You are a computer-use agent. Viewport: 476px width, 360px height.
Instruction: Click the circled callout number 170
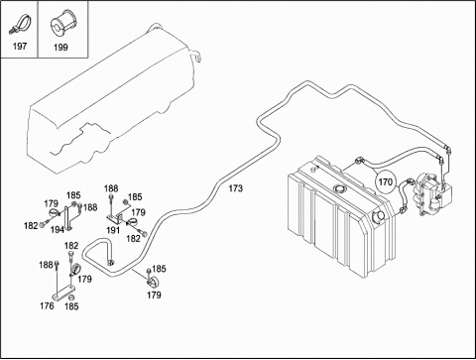click(386, 181)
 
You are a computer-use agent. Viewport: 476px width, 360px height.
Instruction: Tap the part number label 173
click(235, 188)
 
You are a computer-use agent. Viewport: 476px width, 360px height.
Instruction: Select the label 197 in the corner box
click(20, 46)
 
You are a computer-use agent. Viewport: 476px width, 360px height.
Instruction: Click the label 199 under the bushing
click(60, 48)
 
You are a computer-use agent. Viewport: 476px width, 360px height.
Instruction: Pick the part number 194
click(57, 229)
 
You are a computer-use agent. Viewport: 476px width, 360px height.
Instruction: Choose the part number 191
click(113, 230)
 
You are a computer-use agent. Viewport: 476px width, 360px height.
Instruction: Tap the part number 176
click(47, 305)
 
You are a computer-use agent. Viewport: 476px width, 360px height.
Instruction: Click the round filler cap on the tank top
click(339, 188)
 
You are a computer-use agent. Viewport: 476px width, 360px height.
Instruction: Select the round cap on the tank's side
click(378, 217)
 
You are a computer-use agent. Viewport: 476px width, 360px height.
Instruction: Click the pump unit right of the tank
click(432, 194)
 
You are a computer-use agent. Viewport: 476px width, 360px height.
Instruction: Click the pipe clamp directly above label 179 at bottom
click(153, 283)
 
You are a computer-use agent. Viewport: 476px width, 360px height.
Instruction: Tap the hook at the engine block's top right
click(196, 56)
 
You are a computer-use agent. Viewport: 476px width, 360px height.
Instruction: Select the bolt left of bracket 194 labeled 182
click(44, 224)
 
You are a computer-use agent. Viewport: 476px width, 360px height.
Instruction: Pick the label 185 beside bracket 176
click(71, 306)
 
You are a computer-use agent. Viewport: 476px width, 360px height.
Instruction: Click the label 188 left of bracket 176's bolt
click(46, 265)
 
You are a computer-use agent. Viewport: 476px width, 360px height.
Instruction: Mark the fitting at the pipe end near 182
click(111, 263)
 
